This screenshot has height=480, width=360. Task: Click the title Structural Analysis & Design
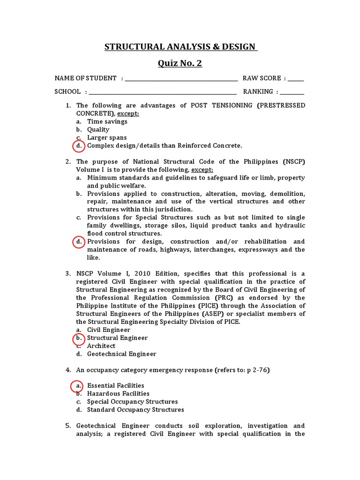(x=180, y=46)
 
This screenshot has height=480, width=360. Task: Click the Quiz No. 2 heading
(x=180, y=63)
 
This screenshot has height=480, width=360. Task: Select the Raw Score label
(x=262, y=78)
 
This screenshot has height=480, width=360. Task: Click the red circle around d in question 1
(x=79, y=146)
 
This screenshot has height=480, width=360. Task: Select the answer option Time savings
(x=107, y=121)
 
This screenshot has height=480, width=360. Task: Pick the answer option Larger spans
(x=106, y=138)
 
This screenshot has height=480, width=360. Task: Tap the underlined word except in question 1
(x=128, y=113)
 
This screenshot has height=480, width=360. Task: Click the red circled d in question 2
(x=79, y=242)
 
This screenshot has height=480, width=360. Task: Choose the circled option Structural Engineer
(x=117, y=338)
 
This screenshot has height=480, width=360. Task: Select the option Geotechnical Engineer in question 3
(x=121, y=354)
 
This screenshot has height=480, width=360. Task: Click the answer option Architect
(x=101, y=346)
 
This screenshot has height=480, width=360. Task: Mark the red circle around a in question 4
(x=77, y=386)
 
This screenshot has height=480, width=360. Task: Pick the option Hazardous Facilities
(x=118, y=394)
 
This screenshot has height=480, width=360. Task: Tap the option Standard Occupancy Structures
(x=135, y=410)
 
